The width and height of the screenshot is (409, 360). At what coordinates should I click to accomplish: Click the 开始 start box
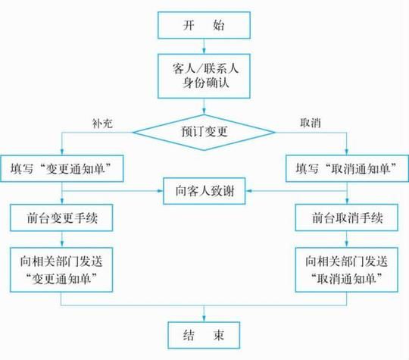(204, 25)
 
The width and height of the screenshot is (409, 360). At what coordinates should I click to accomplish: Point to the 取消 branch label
(310, 121)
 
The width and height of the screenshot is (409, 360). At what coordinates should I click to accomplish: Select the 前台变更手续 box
(62, 218)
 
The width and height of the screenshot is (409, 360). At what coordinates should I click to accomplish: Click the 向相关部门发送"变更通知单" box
(62, 268)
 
